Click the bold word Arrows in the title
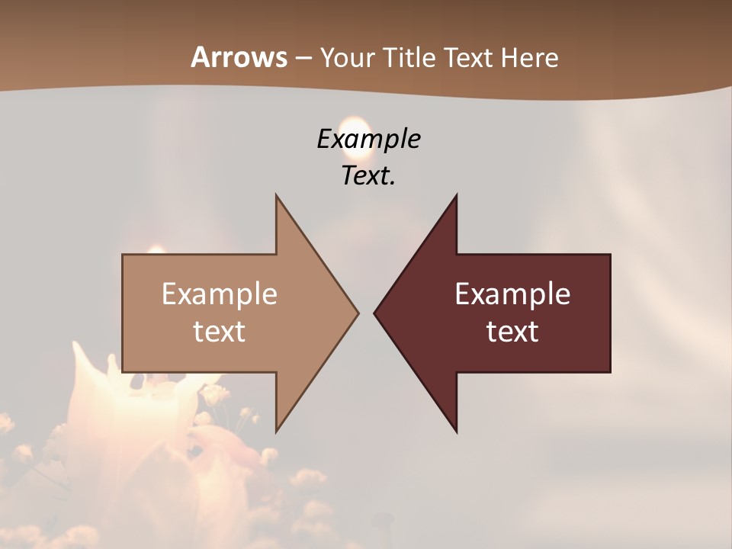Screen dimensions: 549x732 239,57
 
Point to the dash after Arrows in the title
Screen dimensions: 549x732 303,59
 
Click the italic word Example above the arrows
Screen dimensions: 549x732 368,139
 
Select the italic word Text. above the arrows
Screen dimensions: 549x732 368,176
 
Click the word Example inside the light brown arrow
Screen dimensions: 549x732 220,294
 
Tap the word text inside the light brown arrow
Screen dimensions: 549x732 220,332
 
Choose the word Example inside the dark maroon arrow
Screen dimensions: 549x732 512,294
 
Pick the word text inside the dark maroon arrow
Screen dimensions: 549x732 512,332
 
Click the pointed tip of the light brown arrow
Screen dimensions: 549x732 358,313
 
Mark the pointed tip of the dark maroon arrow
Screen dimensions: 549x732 374,313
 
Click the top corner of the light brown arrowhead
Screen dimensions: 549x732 276,195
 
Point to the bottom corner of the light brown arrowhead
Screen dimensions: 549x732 276,431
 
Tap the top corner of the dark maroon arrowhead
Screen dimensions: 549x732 456,195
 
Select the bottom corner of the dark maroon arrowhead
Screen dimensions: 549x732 456,431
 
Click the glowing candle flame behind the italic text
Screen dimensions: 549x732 352,127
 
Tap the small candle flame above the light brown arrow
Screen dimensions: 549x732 156,249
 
